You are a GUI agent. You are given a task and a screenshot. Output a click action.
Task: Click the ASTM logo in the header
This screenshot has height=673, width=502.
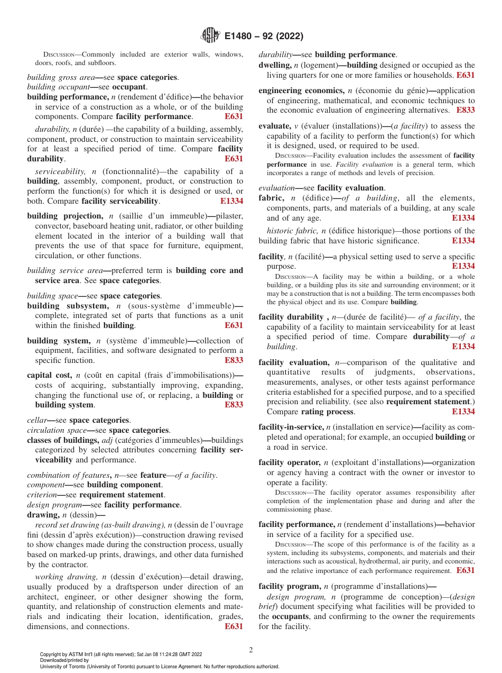(210, 36)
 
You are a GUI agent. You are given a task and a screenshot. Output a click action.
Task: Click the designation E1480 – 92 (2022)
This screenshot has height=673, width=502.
(263, 37)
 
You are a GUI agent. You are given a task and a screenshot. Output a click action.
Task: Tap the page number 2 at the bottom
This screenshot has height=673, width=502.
(251, 650)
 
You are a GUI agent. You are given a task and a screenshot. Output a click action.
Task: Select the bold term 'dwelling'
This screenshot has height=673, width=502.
(273, 65)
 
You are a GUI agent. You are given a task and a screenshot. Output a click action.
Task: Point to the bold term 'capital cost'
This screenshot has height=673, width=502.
(45, 375)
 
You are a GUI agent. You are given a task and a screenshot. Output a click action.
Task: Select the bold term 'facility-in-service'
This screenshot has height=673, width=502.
(291, 427)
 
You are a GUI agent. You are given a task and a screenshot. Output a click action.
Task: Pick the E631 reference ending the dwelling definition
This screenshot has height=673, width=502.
(466, 75)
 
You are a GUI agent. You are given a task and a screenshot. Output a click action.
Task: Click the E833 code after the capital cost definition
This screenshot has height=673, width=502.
(234, 405)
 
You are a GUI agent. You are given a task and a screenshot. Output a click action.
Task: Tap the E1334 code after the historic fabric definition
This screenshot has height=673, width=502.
(463, 241)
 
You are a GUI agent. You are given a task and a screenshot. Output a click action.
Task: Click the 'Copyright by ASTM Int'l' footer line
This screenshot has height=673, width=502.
(121, 654)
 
